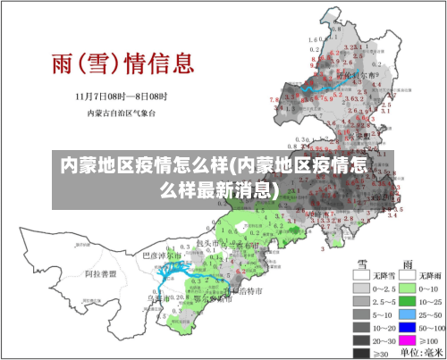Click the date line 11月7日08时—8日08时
pos(121,96)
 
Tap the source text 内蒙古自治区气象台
pos(121,113)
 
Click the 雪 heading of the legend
pos(365,264)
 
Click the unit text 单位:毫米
pos(415,354)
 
